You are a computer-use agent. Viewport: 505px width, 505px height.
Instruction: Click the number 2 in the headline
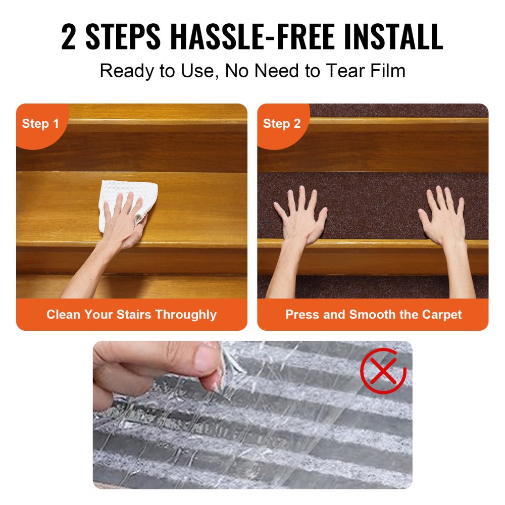pos(68,37)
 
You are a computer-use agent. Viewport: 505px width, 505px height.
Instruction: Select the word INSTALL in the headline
pos(393,37)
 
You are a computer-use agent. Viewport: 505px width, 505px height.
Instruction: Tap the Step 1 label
pos(40,124)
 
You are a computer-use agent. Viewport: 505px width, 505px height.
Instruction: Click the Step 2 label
pos(282,124)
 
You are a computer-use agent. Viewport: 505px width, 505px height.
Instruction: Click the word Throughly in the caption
pos(186,315)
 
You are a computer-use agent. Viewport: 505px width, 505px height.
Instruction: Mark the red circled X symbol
pos(383,370)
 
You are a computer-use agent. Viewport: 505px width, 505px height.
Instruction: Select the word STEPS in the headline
pos(123,37)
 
